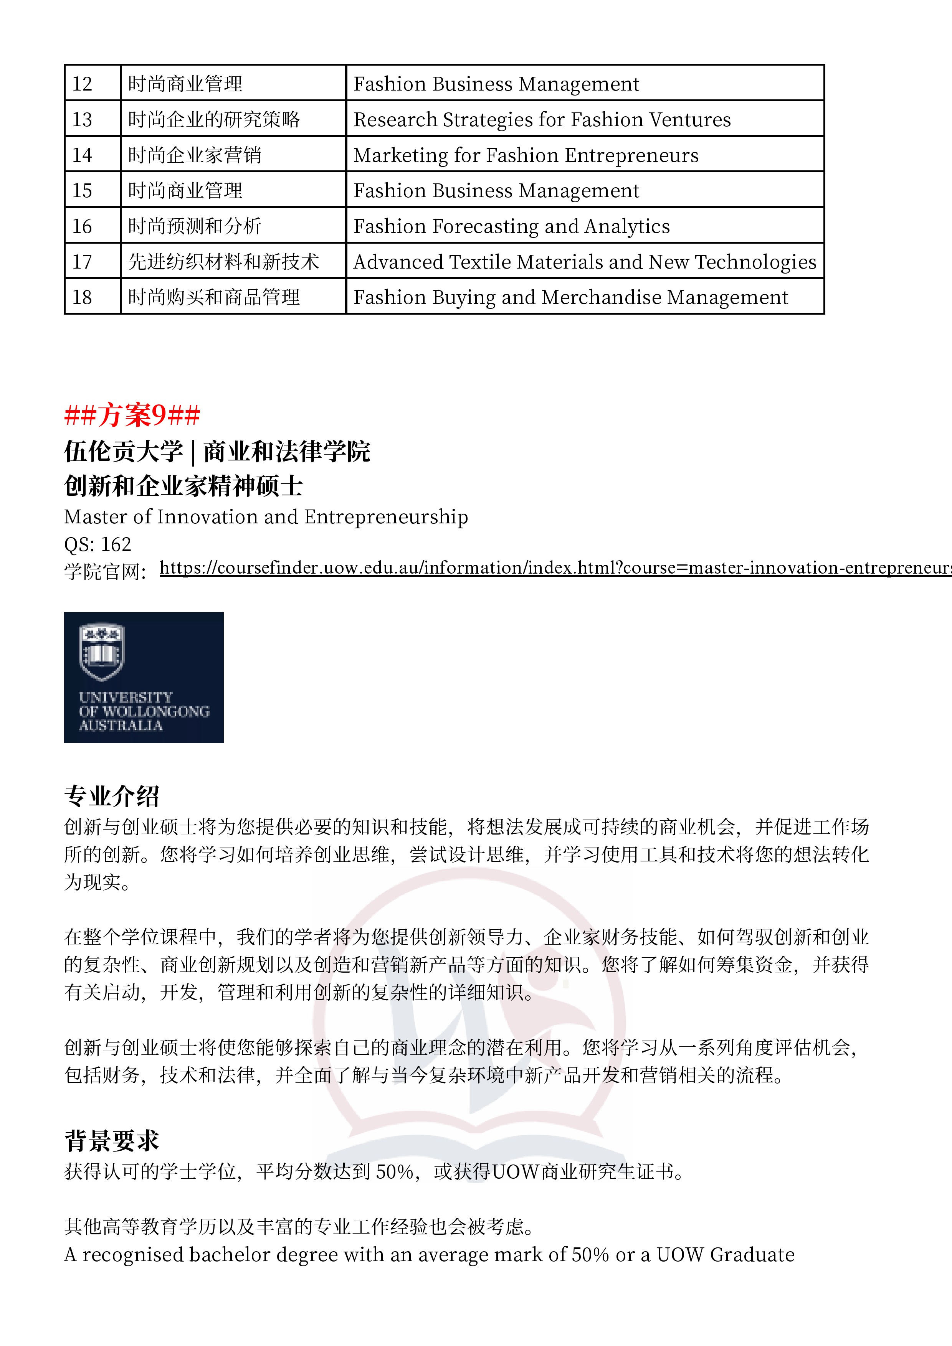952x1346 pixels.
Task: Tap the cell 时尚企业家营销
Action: point(195,155)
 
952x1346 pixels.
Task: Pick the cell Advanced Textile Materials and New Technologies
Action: point(584,261)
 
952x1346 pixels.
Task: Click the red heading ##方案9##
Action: point(132,415)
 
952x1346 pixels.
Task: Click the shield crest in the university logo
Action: point(101,651)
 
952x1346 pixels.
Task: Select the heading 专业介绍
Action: point(111,795)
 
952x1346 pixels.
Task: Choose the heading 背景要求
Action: point(111,1140)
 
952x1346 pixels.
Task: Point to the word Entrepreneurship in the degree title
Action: point(385,516)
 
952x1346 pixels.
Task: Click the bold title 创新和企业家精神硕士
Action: point(183,485)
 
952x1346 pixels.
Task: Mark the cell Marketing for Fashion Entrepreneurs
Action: point(526,155)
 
